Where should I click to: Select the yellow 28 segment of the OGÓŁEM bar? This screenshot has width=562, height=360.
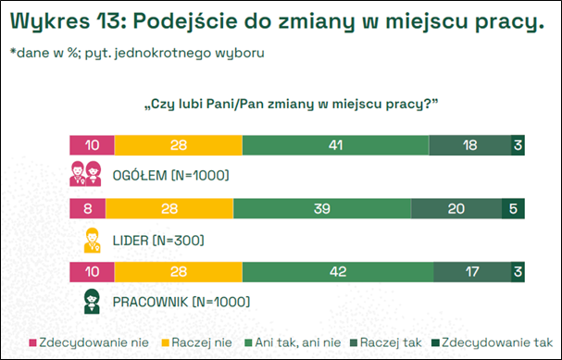179,144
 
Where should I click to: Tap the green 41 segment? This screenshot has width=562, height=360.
335,144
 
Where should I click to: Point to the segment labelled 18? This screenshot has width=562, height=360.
470,144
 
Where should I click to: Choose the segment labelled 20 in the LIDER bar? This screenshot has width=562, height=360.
456,209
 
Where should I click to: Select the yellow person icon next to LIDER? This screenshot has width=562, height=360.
92,240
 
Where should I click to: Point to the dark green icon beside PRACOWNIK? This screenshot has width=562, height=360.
92,303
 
